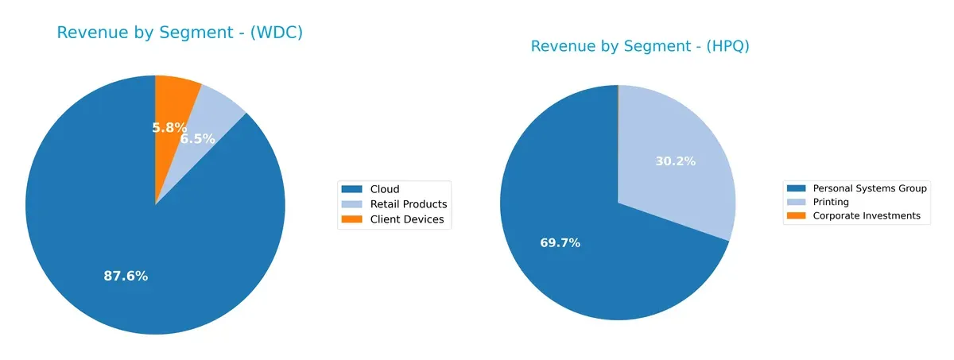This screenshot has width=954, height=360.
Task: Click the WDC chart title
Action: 180,33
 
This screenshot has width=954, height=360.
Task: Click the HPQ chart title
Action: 640,46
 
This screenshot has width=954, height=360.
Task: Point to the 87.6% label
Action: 126,277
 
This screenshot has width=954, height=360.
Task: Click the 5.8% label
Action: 169,127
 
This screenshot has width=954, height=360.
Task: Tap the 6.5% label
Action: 198,138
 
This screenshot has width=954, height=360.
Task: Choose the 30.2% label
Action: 675,161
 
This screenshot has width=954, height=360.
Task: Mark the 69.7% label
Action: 560,243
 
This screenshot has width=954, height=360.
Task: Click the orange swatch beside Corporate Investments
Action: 796,215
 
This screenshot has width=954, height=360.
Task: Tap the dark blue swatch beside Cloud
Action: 351,189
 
